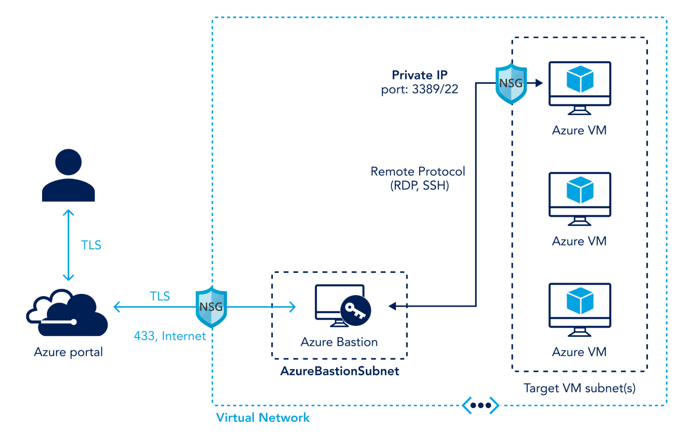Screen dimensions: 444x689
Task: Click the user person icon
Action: pyautogui.click(x=68, y=176)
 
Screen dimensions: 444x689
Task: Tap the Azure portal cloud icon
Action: pyautogui.click(x=67, y=313)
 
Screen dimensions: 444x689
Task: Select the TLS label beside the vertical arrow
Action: pyautogui.click(x=91, y=245)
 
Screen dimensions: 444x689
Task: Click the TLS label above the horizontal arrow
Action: pyautogui.click(x=160, y=296)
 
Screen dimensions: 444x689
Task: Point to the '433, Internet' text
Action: pyautogui.click(x=170, y=336)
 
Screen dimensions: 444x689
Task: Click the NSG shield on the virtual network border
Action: pyautogui.click(x=211, y=307)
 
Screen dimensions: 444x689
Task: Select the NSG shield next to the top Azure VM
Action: pyautogui.click(x=511, y=83)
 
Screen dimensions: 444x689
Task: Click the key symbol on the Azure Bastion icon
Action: pyautogui.click(x=355, y=311)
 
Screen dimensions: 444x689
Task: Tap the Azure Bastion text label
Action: pyautogui.click(x=339, y=342)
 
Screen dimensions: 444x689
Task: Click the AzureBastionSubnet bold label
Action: pyautogui.click(x=340, y=371)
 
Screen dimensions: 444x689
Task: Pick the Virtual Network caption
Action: pyautogui.click(x=263, y=418)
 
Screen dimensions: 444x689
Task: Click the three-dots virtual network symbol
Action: pyautogui.click(x=480, y=405)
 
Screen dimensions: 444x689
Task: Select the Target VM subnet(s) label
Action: pyautogui.click(x=579, y=388)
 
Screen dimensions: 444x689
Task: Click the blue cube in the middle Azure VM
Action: pyautogui.click(x=580, y=190)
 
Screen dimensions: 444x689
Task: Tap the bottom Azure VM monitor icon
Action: pyautogui.click(x=580, y=309)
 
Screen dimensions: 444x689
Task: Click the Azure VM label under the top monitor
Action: pyautogui.click(x=579, y=130)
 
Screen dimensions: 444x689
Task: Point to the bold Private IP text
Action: pyautogui.click(x=419, y=75)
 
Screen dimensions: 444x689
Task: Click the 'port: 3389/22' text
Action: pyautogui.click(x=419, y=89)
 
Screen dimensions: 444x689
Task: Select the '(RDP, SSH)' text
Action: pyautogui.click(x=419, y=186)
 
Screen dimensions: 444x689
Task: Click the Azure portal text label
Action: pyautogui.click(x=68, y=352)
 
